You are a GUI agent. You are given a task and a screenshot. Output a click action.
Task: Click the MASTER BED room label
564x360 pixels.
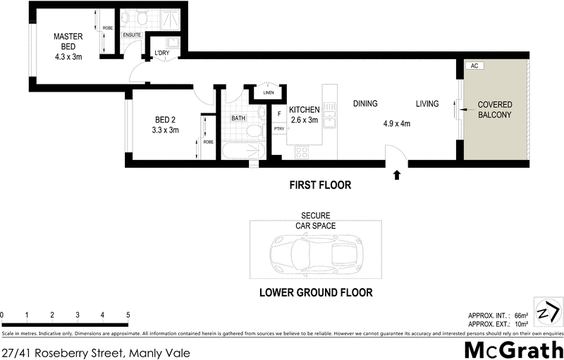[x=68, y=46]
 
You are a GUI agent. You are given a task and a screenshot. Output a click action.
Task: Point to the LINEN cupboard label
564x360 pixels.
[x=268, y=93]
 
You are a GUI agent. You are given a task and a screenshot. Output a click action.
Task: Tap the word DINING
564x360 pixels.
[x=366, y=104]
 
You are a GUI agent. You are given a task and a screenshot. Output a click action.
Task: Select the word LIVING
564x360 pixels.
[x=427, y=104]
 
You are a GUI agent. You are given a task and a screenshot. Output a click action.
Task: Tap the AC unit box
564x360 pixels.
[x=474, y=66]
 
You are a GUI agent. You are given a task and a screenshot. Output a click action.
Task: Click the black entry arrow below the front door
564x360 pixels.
[x=397, y=174]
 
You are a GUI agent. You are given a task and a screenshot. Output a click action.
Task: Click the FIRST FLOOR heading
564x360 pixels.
[x=320, y=186]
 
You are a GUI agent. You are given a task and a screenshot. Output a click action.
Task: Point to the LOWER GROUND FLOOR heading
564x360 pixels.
[x=315, y=292]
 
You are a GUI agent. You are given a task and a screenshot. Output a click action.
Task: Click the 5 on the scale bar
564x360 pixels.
[x=128, y=314]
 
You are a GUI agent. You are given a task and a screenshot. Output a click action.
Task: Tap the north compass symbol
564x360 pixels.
[x=548, y=312]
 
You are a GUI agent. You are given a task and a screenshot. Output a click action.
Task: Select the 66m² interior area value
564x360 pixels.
[x=522, y=315]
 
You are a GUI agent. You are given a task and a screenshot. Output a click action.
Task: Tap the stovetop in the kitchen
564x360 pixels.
[x=302, y=151]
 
